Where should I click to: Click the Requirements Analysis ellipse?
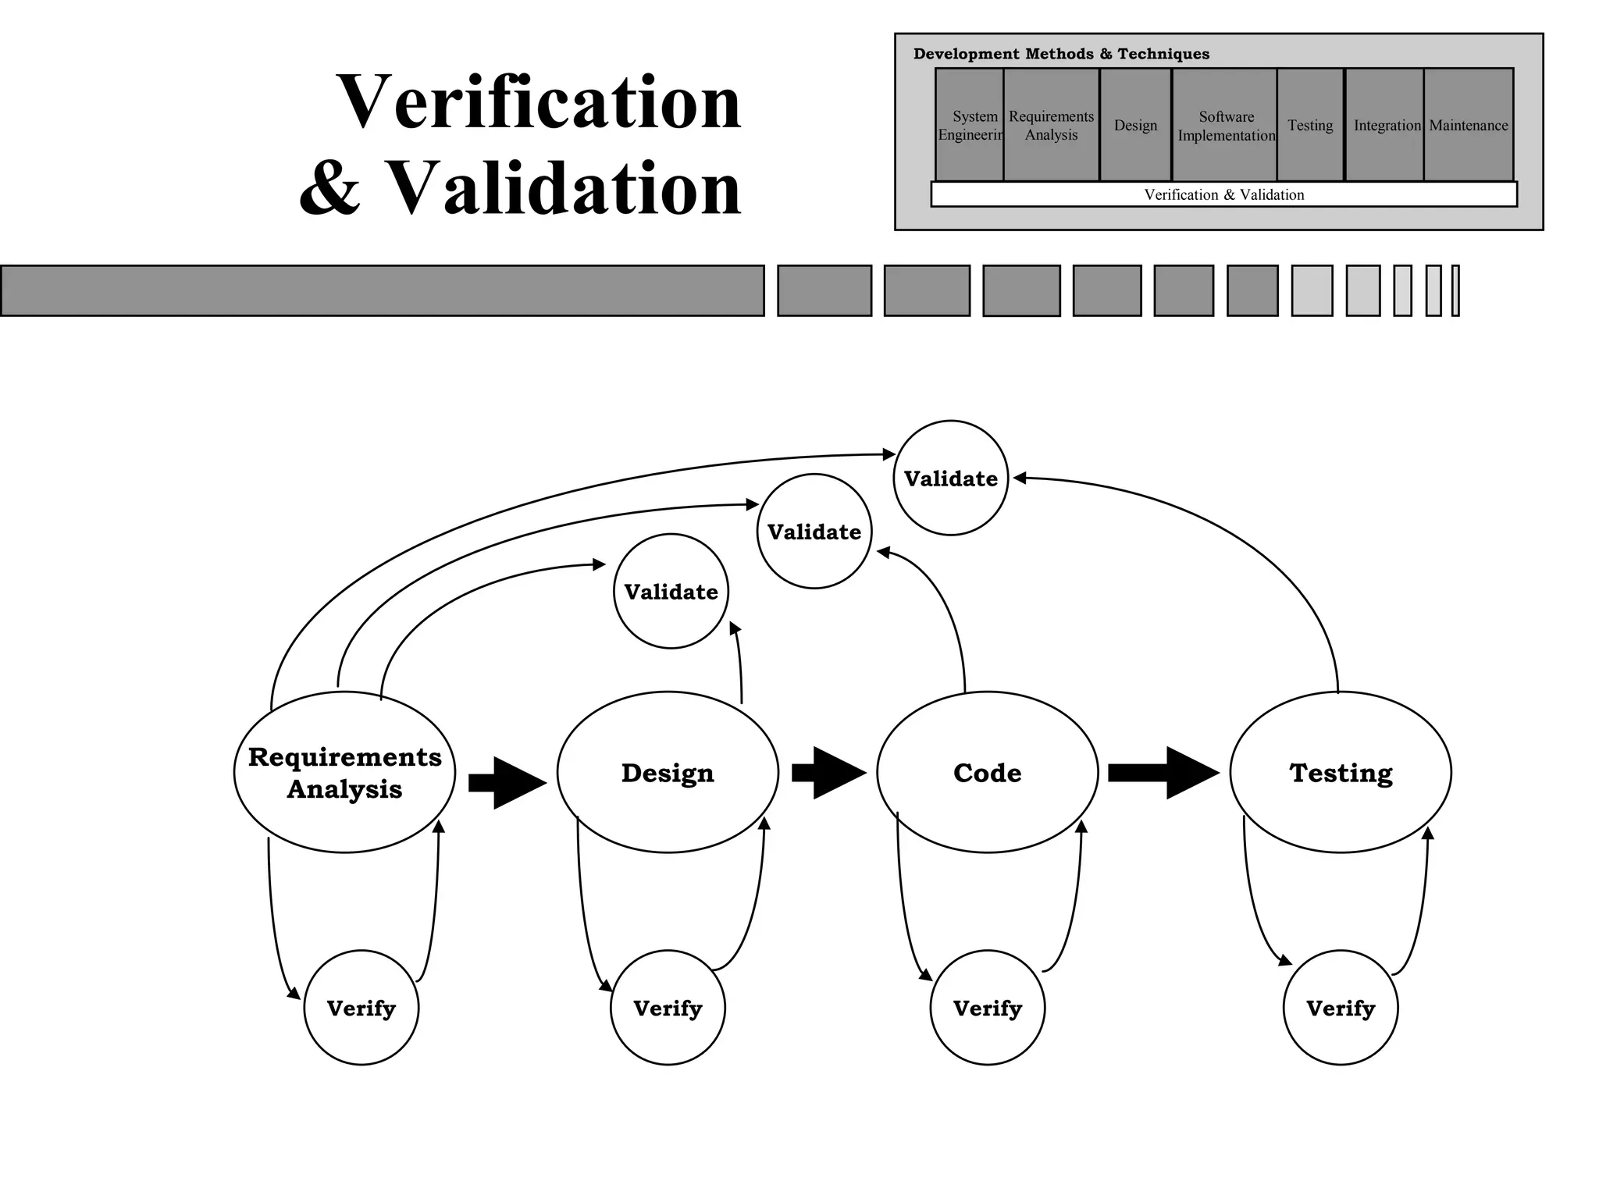pos(344,772)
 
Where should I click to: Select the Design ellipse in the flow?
pos(668,772)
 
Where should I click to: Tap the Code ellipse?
pos(987,772)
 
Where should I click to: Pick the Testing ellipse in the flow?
pos(1341,772)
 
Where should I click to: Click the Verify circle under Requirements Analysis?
pos(361,1007)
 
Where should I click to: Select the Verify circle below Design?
pos(668,1007)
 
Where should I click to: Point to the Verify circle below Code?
pos(987,1007)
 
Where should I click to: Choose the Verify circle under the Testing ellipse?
pos(1341,1007)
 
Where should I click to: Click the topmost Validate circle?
pos(950,478)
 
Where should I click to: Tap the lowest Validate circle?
pos(671,591)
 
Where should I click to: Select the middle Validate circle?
pos(814,531)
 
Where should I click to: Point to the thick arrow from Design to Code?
pos(828,773)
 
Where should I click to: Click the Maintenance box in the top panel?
pos(1468,125)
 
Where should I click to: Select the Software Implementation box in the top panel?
pos(1225,125)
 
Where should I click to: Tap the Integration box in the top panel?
pos(1385,125)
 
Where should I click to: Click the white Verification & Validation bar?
pos(1223,194)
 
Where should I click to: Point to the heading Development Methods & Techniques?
pos(1061,54)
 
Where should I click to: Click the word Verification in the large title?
pos(539,102)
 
